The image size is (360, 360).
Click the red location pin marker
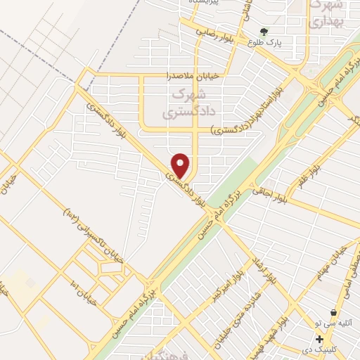[x=181, y=166]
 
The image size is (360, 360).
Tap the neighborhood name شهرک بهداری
[x=327, y=13]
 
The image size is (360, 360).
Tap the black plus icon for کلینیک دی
[x=320, y=338]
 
